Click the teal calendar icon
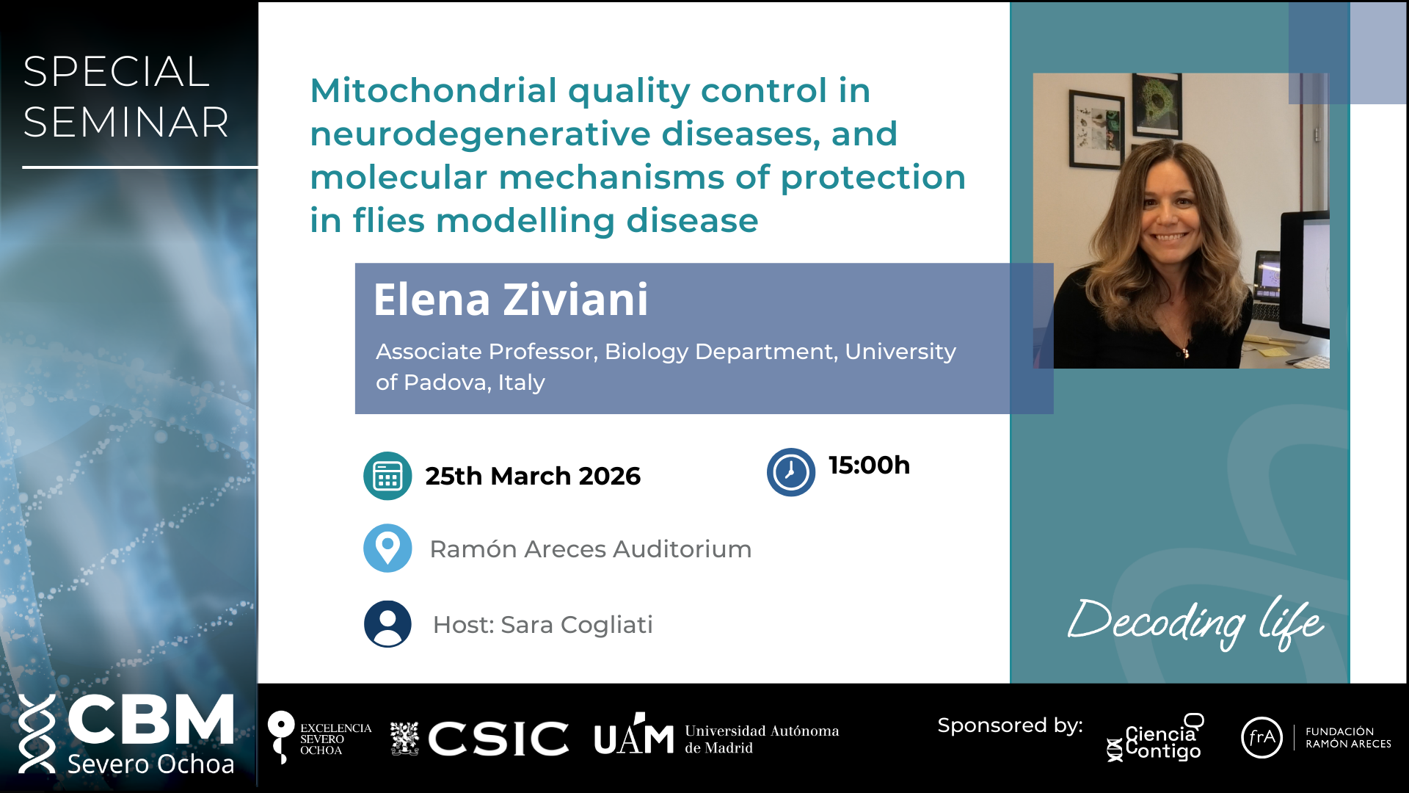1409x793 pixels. point(387,476)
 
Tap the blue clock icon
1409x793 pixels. point(791,472)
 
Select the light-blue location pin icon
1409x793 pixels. point(387,548)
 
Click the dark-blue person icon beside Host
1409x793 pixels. point(387,624)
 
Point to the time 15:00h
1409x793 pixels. point(869,466)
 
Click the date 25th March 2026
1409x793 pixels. point(533,477)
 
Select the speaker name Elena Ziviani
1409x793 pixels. point(511,300)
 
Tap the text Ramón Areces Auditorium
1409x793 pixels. point(591,549)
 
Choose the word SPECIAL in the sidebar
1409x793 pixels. point(117,72)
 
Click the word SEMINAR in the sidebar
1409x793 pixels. point(126,122)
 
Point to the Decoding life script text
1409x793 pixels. point(1196,623)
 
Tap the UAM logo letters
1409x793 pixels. point(634,735)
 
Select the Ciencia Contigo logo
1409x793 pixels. point(1155,738)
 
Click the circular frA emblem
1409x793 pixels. point(1261,737)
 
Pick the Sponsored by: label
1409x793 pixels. point(1010,725)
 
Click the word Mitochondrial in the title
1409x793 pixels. point(434,91)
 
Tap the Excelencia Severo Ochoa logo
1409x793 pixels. point(320,738)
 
